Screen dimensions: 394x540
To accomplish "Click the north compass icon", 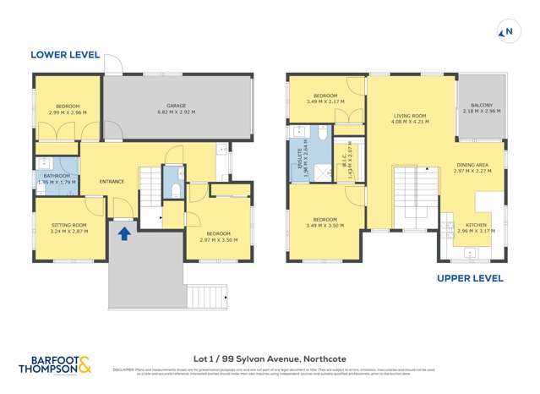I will pyautogui.click(x=507, y=33).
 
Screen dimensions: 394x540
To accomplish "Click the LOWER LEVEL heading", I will pyautogui.click(x=64, y=55).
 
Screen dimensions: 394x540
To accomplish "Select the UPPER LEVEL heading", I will pyautogui.click(x=471, y=278).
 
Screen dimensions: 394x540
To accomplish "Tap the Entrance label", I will pyautogui.click(x=112, y=182).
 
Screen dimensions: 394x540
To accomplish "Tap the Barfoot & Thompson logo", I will pyautogui.click(x=57, y=364).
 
